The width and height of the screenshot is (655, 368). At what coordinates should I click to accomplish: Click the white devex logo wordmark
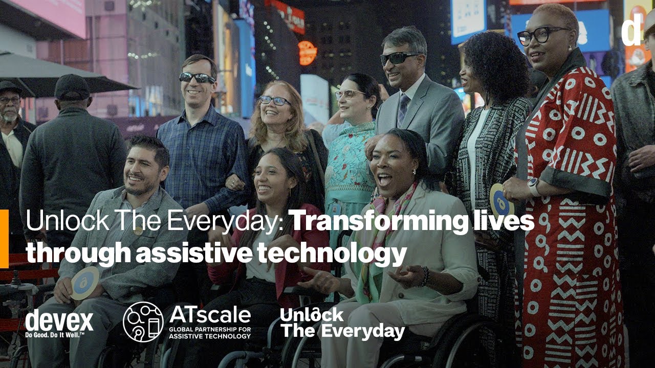coord(59,320)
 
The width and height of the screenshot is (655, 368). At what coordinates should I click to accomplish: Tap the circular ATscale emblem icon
coord(143,321)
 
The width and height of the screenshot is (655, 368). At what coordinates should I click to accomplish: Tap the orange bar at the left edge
coord(4,238)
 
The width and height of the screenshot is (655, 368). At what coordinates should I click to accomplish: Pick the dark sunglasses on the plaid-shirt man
coord(197,78)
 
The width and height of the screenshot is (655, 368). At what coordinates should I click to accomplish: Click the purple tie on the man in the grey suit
coord(403,108)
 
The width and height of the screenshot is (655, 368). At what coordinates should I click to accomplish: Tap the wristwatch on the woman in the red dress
coord(534,186)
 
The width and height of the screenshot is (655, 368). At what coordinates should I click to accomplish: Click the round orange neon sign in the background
coord(308,53)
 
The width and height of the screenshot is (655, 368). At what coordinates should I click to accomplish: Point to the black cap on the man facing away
coord(72,87)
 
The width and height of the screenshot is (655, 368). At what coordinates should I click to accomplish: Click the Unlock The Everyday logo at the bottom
coord(342,323)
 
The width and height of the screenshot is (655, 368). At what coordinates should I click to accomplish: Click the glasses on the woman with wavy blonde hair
coord(275,101)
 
